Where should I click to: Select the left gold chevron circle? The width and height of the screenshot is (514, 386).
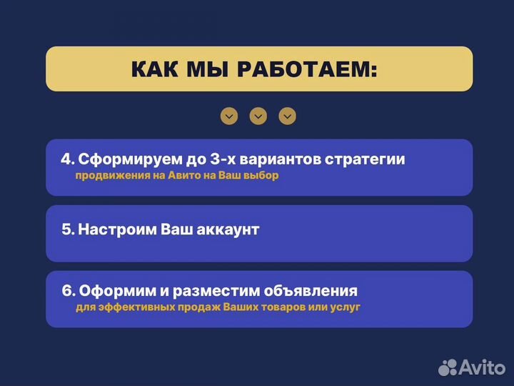click(228, 116)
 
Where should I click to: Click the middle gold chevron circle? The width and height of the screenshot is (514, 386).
click(258, 116)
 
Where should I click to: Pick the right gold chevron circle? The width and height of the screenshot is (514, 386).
click(288, 116)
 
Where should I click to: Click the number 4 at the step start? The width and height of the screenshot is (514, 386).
click(66, 159)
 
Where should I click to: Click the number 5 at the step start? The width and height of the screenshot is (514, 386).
click(67, 230)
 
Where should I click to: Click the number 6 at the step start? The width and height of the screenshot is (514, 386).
click(68, 291)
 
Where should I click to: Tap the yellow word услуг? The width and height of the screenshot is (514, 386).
click(345, 307)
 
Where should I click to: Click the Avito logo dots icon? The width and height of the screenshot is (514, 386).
click(448, 367)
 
